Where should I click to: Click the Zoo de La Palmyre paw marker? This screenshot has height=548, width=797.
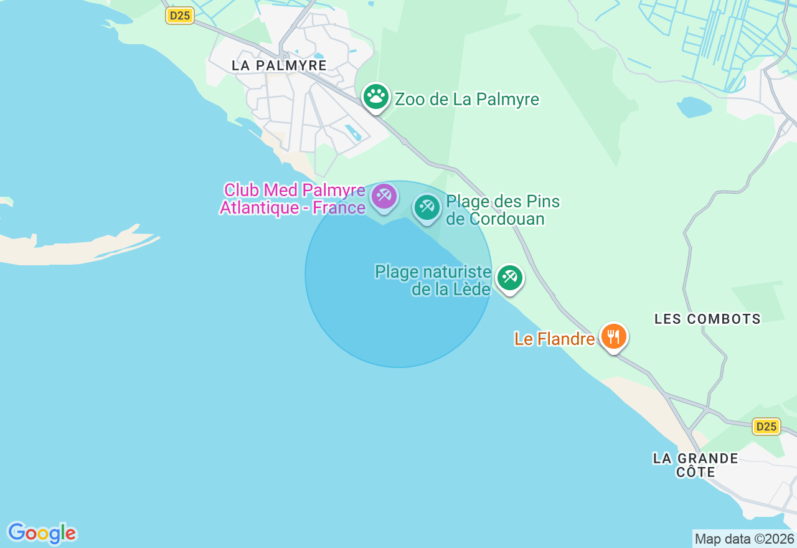(x=376, y=97)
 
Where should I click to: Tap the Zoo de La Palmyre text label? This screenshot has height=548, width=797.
(x=467, y=99)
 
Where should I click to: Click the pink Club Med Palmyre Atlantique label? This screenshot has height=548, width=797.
(x=293, y=199)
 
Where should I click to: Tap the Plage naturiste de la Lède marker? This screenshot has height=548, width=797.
(x=510, y=277)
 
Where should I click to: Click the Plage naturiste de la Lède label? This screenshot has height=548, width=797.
(x=433, y=280)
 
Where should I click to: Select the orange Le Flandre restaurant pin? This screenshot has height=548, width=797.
(x=614, y=336)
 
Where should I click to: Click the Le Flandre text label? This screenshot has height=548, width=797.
(x=554, y=339)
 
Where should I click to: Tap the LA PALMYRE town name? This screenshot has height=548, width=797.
(x=279, y=65)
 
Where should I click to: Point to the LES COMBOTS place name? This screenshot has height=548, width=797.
(x=707, y=319)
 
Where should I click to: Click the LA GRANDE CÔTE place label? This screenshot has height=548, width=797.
(x=696, y=465)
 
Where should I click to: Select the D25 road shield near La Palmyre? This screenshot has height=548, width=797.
(x=180, y=16)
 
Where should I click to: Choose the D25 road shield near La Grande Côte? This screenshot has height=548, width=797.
(x=766, y=427)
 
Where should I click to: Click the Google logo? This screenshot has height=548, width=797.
(x=42, y=533)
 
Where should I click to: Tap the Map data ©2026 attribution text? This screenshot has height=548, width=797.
(x=744, y=539)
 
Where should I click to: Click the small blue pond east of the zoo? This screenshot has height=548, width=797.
(x=694, y=107)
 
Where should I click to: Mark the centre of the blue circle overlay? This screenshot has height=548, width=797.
(x=398, y=274)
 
